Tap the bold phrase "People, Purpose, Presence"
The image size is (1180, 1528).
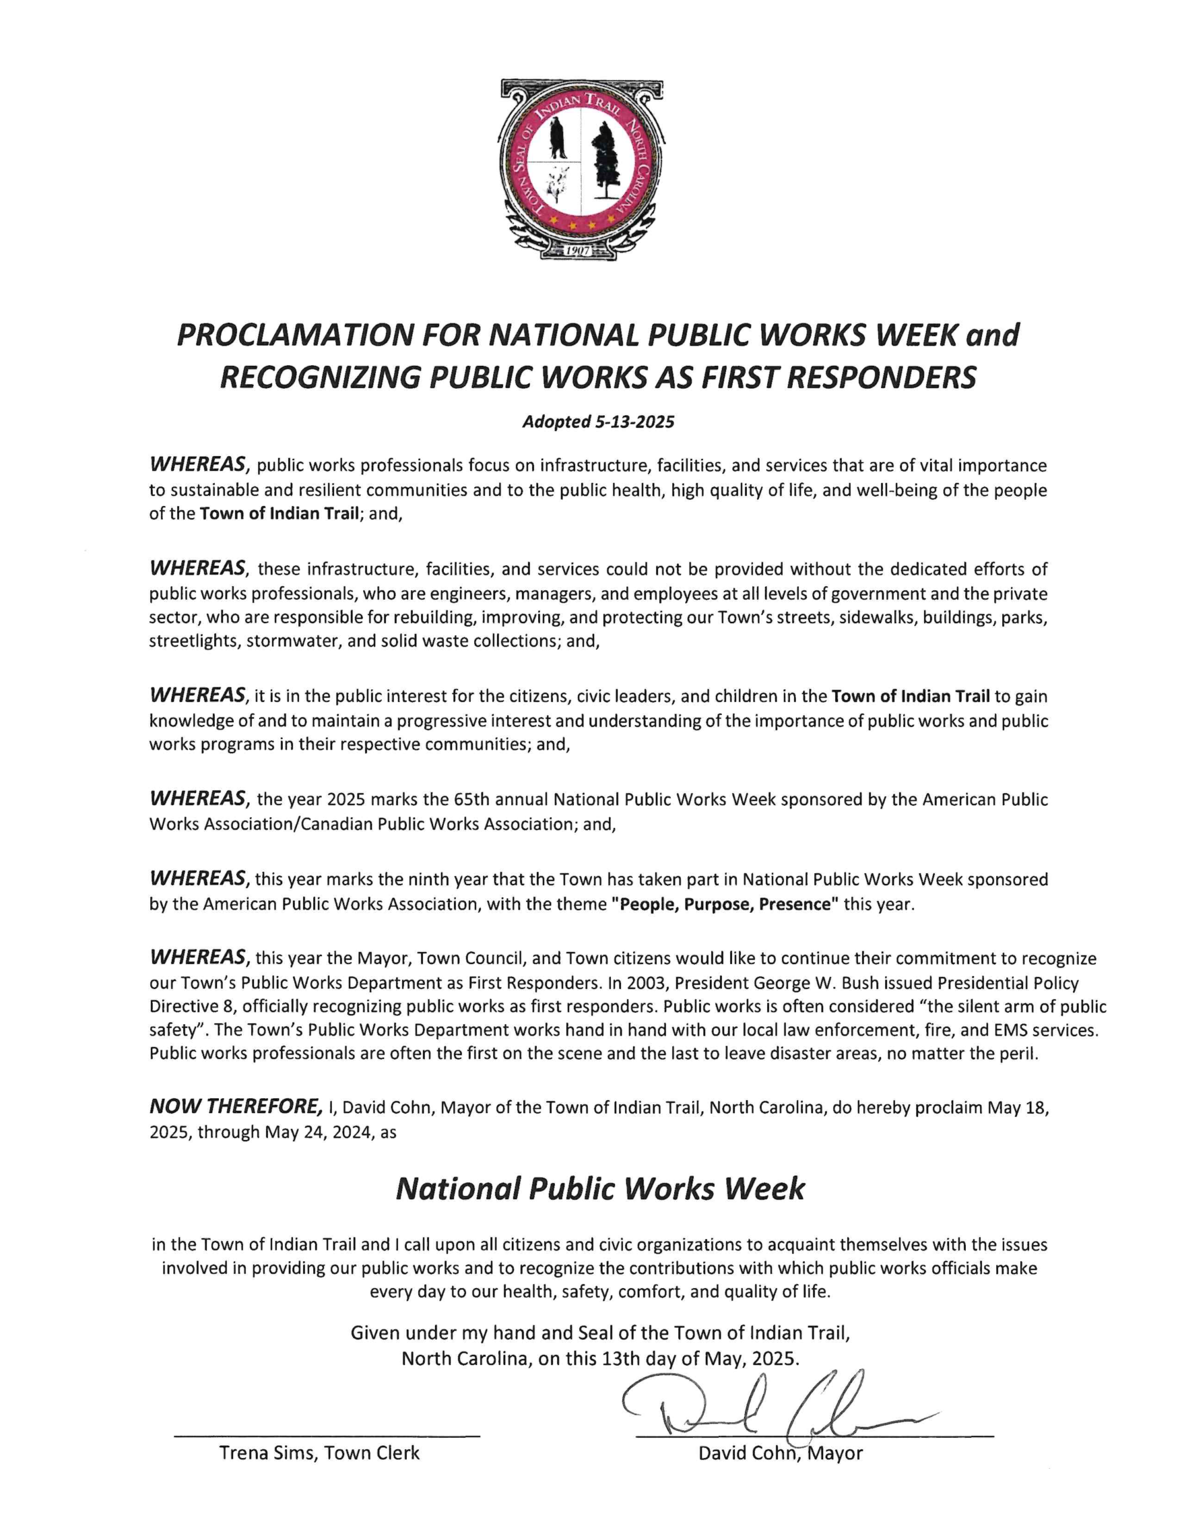tap(725, 904)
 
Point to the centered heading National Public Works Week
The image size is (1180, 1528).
tap(600, 1189)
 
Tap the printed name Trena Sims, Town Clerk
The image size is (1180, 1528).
tap(320, 1453)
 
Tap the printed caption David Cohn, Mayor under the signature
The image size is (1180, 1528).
tap(780, 1453)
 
